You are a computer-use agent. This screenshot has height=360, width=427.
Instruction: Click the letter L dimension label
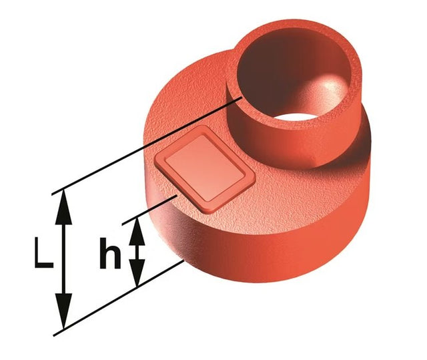[x=43, y=252]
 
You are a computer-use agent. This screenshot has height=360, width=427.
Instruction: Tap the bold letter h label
[x=109, y=253]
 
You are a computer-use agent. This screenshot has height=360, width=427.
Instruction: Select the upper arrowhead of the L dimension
[x=63, y=206]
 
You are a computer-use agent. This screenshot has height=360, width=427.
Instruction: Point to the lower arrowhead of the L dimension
[x=63, y=311]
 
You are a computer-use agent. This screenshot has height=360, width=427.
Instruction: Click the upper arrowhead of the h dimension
[x=137, y=231]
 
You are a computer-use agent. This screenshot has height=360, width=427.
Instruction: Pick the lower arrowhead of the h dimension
[x=137, y=273]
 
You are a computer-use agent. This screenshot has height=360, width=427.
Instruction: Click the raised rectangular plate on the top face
[x=205, y=168]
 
